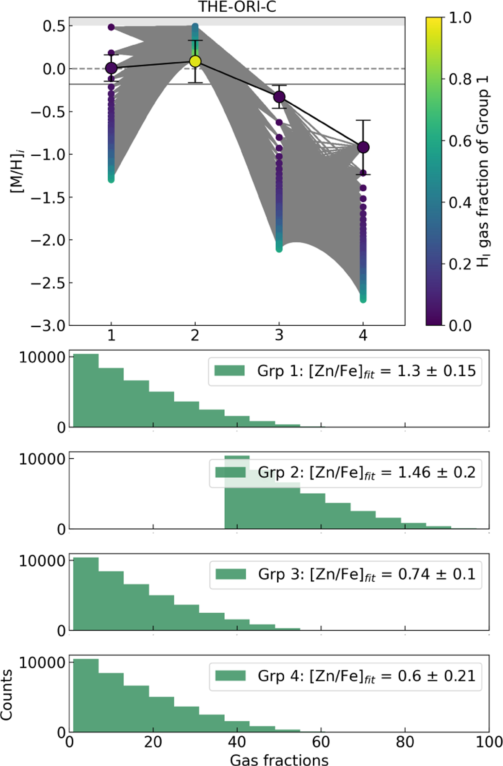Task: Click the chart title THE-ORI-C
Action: (237, 7)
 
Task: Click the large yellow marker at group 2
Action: (195, 62)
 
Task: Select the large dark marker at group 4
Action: (363, 147)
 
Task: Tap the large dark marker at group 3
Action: (279, 97)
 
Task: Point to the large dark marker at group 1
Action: (111, 68)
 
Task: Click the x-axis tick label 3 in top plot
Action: (279, 335)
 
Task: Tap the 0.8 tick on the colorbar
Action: (460, 79)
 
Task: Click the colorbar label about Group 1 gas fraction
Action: (484, 172)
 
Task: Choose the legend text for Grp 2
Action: (366, 473)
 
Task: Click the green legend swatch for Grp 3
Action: (231, 574)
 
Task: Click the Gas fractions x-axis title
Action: (279, 758)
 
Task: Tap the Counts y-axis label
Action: (7, 695)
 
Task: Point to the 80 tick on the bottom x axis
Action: (405, 742)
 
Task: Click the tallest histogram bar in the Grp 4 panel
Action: (86, 696)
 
